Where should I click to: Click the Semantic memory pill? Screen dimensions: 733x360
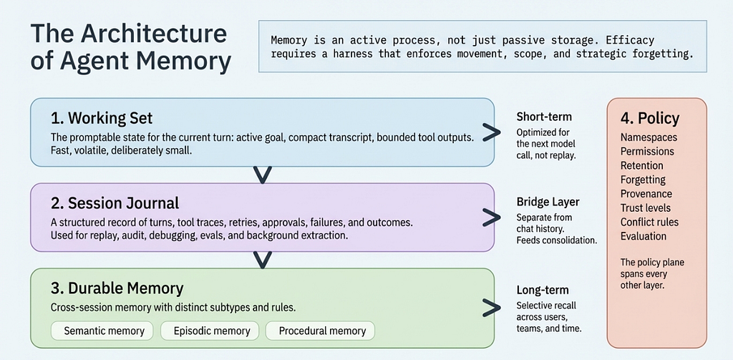(x=104, y=331)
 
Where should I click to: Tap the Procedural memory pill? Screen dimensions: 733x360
(x=322, y=331)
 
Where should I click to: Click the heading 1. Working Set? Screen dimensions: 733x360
(x=102, y=118)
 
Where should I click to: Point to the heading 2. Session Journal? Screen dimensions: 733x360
(x=115, y=203)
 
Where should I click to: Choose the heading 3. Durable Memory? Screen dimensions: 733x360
(x=117, y=288)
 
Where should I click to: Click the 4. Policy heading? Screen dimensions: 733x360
(x=650, y=119)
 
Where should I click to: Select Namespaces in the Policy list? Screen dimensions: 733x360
(x=649, y=137)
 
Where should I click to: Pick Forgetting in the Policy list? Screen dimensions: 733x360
(x=643, y=180)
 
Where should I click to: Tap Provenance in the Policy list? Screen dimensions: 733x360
(x=646, y=193)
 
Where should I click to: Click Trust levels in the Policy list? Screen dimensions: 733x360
(x=646, y=208)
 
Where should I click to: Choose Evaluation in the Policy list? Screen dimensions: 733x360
(x=644, y=235)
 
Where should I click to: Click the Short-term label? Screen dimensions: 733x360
(x=543, y=117)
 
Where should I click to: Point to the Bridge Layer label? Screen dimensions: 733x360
(x=548, y=202)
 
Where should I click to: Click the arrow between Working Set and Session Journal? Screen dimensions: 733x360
(x=262, y=175)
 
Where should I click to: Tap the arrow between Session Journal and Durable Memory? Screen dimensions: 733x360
(x=262, y=260)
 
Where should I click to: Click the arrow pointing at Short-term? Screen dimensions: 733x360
(x=492, y=133)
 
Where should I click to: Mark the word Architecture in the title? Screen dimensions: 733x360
(x=155, y=35)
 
